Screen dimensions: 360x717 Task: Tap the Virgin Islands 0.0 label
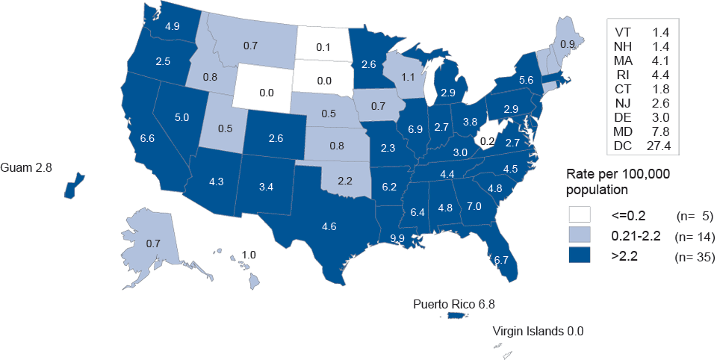coord(538,331)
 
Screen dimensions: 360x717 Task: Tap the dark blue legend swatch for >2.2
coord(580,257)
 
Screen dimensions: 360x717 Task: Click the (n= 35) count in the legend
coord(694,258)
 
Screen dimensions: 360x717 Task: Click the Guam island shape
coord(73,185)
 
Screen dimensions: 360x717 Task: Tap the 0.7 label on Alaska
coord(152,243)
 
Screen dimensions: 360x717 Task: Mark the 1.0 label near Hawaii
coord(249,255)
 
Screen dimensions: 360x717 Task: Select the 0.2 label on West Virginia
coord(488,140)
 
